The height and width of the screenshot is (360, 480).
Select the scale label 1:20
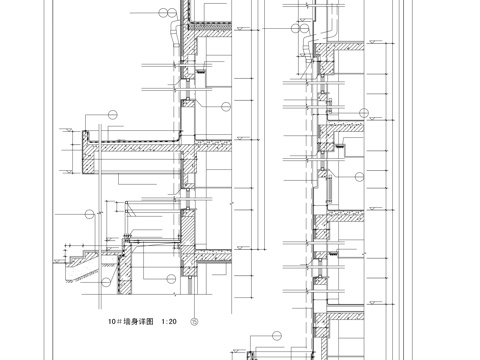point(167,322)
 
